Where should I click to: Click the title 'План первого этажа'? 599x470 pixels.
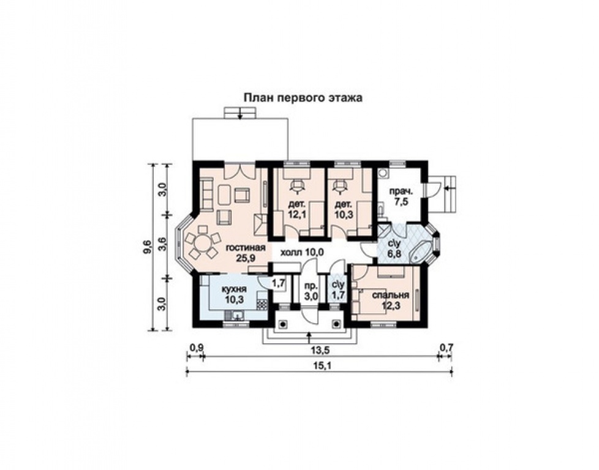pos(303,98)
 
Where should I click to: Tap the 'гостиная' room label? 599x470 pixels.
pos(246,248)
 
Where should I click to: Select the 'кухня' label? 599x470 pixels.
pos(234,289)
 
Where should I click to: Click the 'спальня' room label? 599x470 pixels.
pos(391,295)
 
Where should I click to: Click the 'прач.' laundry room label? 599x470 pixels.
pos(401,192)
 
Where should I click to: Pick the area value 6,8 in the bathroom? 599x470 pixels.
pos(394,253)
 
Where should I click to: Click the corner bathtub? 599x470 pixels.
pos(423,251)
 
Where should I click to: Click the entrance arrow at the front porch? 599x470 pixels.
pos(309,338)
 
